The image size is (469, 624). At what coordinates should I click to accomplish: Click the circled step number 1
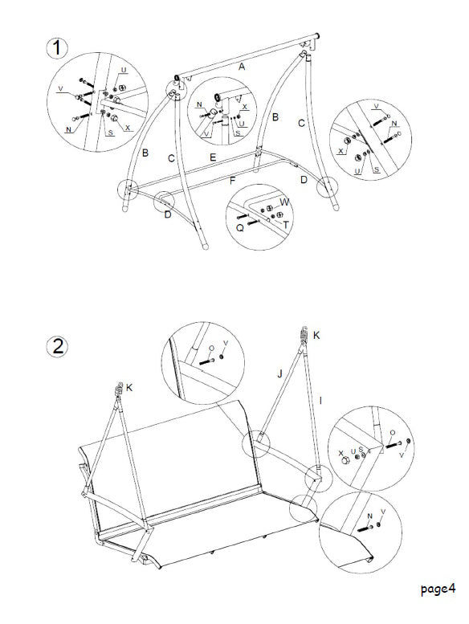tap(57, 47)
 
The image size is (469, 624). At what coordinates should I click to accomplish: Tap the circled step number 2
tap(57, 347)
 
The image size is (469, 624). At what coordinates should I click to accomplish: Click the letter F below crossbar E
tap(232, 181)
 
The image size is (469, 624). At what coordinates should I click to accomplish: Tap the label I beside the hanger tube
tap(320, 399)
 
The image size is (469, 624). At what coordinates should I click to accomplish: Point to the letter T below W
tap(287, 226)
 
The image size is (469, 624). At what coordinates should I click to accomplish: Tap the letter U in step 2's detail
tap(353, 452)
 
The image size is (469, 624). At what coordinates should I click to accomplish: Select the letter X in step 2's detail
tap(341, 452)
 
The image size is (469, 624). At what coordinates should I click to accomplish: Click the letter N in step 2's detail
tap(369, 516)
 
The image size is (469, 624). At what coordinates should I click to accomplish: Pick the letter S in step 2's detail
tap(361, 451)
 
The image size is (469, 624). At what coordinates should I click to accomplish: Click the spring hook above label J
tap(304, 333)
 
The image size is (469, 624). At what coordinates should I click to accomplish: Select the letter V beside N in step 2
tap(382, 512)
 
